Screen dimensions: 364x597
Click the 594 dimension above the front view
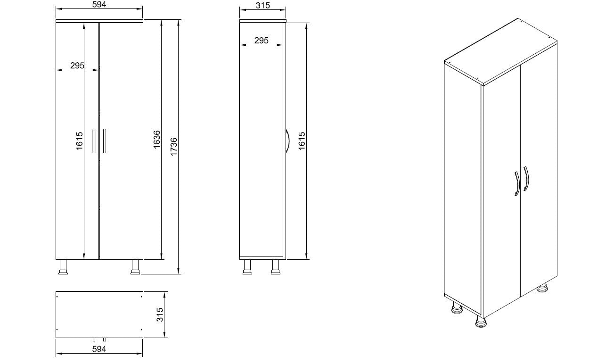click(99, 5)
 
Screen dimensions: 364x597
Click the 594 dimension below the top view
click(99, 349)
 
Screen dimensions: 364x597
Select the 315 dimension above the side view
click(262, 5)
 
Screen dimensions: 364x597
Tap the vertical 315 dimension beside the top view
click(159, 314)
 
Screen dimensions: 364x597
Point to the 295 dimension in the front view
click(77, 66)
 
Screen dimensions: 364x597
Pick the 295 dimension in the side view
click(261, 41)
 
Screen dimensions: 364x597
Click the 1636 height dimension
click(157, 140)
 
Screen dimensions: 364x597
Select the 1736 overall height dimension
click(174, 147)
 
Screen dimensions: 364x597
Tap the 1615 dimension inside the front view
click(79, 141)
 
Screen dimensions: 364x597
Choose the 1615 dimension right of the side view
click(302, 141)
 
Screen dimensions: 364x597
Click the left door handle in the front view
click(94, 141)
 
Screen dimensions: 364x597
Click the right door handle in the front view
click(105, 141)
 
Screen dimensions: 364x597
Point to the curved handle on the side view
click(286, 141)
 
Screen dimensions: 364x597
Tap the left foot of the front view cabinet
click(63, 267)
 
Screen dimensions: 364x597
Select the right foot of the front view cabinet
click(135, 267)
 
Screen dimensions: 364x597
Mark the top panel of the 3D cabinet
click(500, 52)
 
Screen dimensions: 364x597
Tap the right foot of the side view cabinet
click(275, 267)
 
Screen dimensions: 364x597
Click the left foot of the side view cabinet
click(246, 267)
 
